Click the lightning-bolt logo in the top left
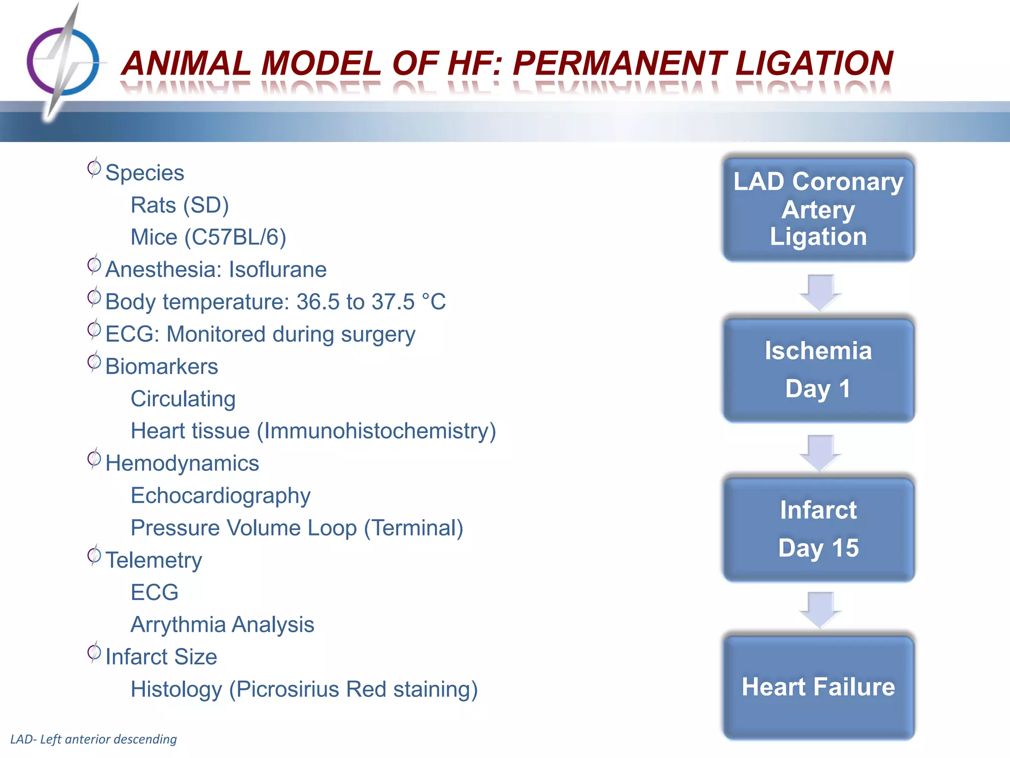coord(63,62)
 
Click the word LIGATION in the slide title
coord(814,63)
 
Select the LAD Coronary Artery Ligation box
coord(818,209)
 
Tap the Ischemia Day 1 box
coord(818,370)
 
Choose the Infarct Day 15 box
coord(818,529)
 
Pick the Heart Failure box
coord(818,687)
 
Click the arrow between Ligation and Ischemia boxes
coord(820,292)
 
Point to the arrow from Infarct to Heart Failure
coord(820,609)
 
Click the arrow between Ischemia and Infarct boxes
coord(820,452)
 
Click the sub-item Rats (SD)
coord(180,205)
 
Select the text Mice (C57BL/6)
coord(208,237)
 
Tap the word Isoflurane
coord(278,270)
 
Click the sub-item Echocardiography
coord(220,495)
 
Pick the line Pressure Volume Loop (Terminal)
coord(297,528)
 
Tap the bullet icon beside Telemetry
coord(94,556)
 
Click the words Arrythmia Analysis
coord(222,625)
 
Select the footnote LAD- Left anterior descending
coord(94,739)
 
